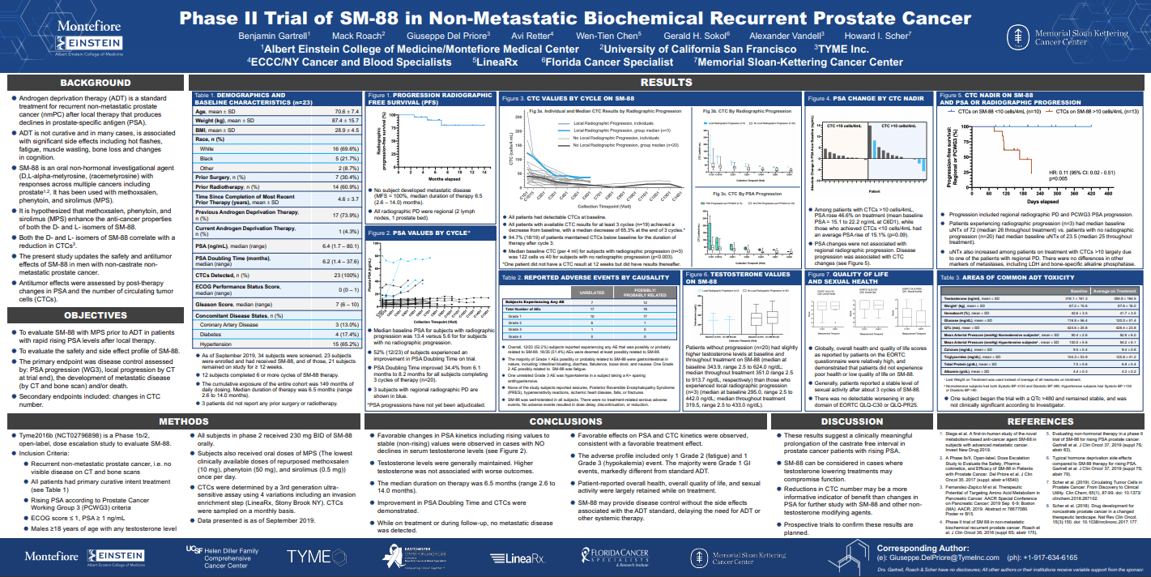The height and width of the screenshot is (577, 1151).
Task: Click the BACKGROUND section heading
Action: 95,83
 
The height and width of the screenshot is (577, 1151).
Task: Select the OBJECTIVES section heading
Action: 95,315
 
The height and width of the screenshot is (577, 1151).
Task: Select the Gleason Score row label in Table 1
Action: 224,304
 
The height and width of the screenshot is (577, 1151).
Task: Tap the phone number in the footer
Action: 1047,558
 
